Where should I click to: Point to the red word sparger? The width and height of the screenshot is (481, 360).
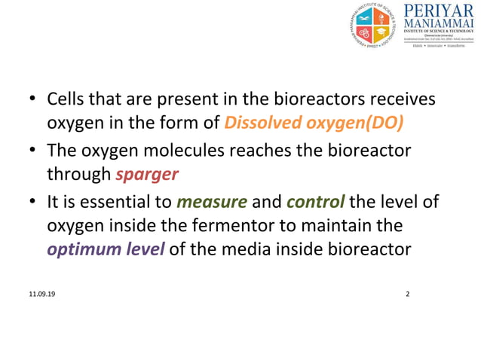pyautogui.click(x=147, y=175)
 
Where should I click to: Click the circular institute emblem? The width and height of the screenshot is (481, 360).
pyautogui.click(x=372, y=27)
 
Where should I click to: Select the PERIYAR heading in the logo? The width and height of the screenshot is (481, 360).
pyautogui.click(x=440, y=12)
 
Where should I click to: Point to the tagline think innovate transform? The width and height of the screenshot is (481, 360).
pyautogui.click(x=440, y=46)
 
